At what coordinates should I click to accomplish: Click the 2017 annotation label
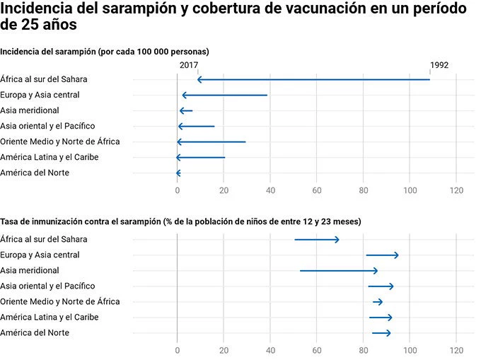(188, 65)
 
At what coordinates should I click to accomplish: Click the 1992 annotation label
(439, 65)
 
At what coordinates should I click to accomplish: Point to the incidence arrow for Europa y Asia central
(225, 95)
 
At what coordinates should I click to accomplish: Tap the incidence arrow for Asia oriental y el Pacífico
(196, 126)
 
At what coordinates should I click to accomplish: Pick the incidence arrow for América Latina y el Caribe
(201, 157)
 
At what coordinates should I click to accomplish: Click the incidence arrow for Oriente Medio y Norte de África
(211, 141)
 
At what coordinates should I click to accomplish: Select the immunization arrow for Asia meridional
(339, 270)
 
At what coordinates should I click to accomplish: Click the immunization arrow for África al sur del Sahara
(317, 239)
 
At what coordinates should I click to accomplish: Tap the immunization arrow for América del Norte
(381, 332)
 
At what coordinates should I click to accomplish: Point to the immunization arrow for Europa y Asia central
(382, 255)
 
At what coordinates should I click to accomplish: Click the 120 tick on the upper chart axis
(456, 190)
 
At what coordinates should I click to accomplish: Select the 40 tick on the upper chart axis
(270, 190)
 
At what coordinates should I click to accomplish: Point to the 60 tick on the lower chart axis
(317, 350)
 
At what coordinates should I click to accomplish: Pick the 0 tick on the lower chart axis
(177, 350)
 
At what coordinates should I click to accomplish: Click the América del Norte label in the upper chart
(35, 173)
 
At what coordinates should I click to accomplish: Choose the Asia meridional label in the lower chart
(30, 270)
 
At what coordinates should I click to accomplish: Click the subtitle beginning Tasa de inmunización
(180, 221)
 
